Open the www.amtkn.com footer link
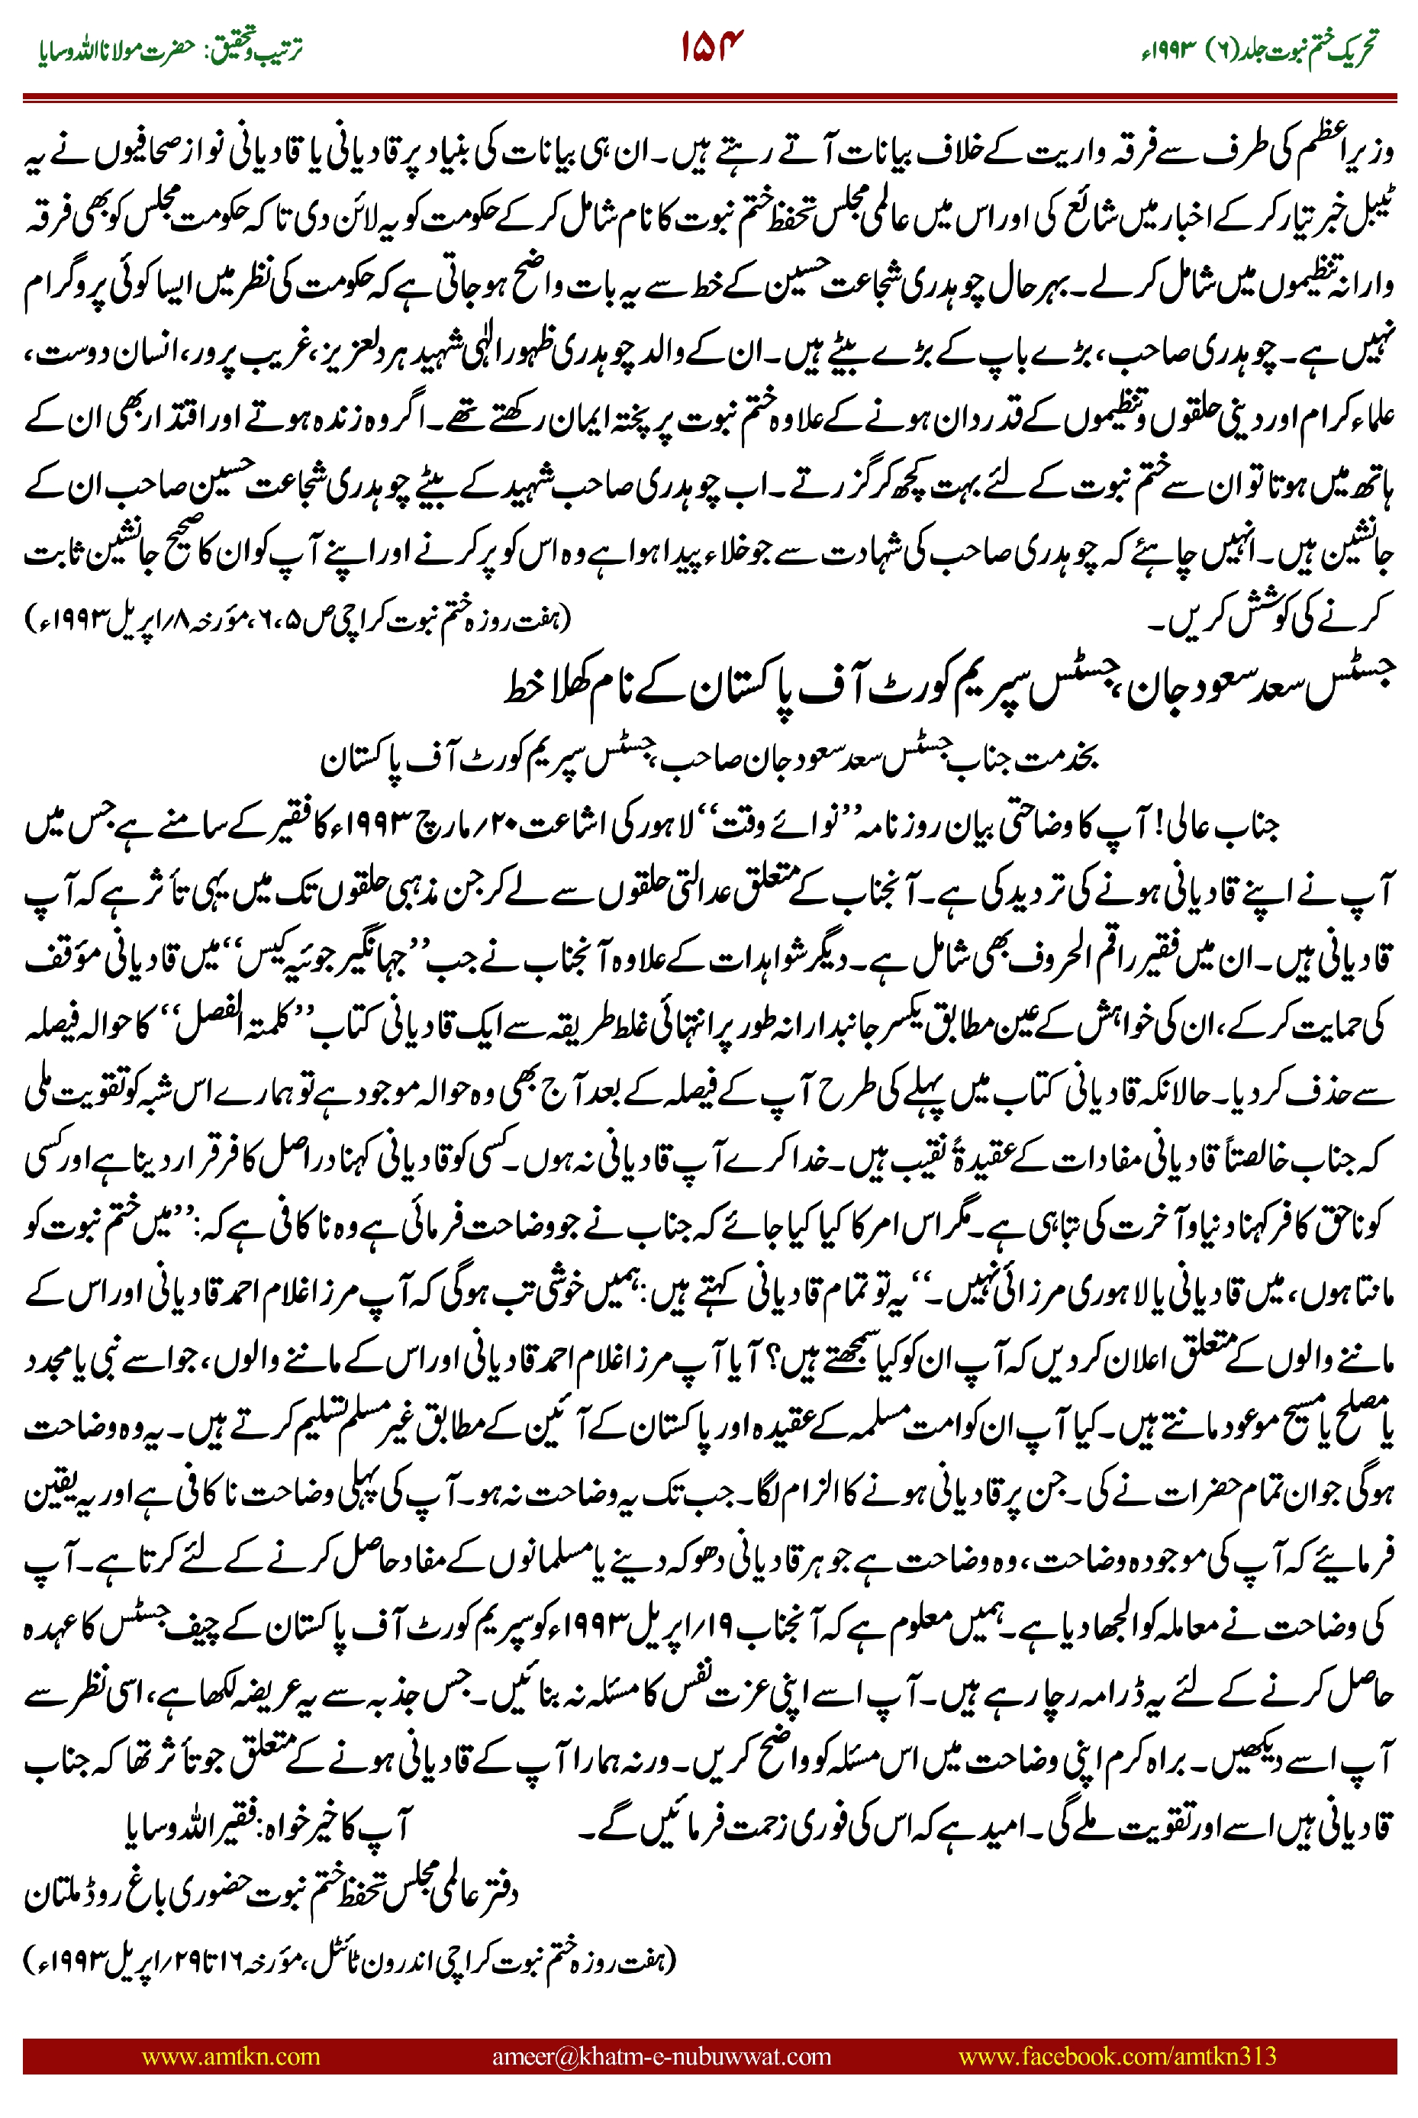pos(230,2056)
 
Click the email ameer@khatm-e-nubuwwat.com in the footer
pos(661,2056)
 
